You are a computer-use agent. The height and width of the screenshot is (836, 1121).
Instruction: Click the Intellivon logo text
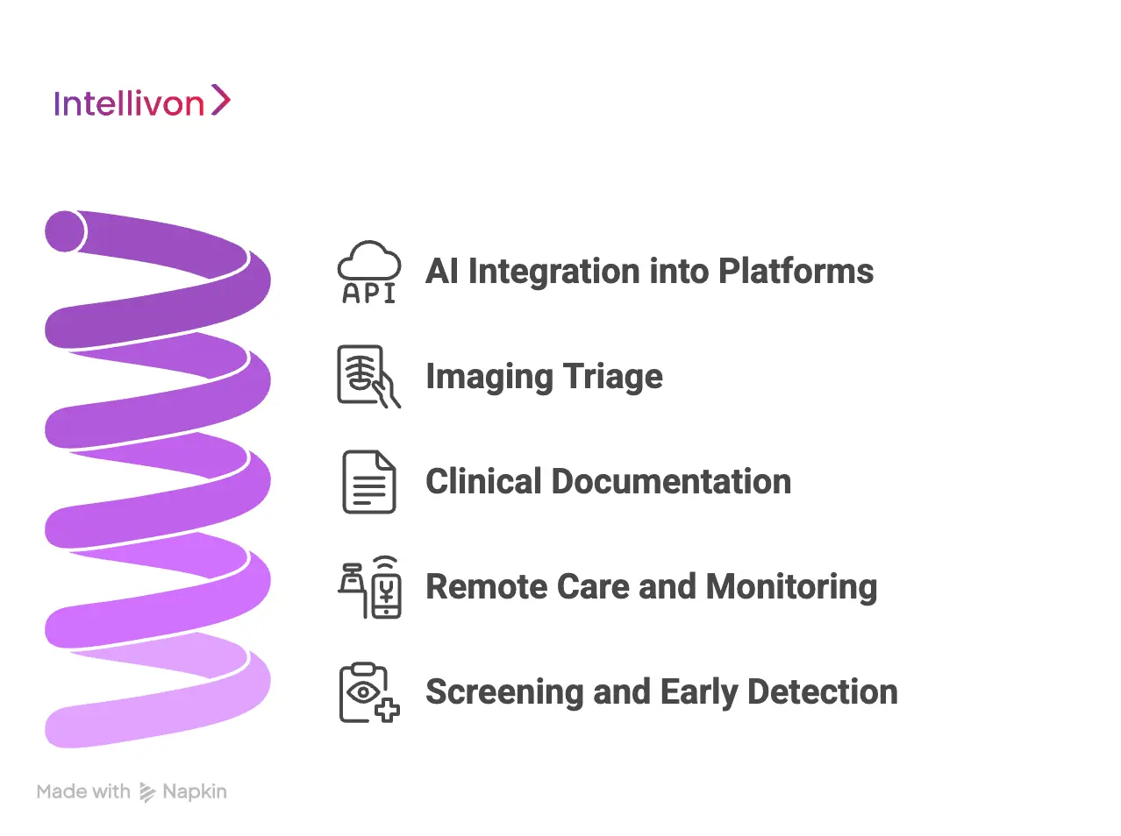[129, 103]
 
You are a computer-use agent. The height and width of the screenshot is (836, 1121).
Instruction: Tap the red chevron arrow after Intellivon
[221, 101]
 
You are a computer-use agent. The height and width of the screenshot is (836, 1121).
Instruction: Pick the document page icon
[368, 482]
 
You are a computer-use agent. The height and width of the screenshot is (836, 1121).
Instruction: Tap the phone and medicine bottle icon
[369, 587]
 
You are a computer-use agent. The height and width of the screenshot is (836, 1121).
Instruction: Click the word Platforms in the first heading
[796, 272]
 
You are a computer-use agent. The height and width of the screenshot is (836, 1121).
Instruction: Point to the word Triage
[612, 377]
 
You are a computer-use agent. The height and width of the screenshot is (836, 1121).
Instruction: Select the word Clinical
[483, 482]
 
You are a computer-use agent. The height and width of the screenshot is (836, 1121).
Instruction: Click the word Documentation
[671, 482]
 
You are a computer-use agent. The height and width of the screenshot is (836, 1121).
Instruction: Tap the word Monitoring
[791, 587]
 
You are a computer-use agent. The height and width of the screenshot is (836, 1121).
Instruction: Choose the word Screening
[504, 692]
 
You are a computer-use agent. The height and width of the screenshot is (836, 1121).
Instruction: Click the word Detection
[823, 692]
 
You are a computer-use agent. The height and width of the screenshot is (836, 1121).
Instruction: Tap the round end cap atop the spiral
[65, 231]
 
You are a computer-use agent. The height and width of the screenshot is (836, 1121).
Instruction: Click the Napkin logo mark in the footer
[147, 792]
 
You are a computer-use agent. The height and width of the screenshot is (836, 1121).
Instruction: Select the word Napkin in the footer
[195, 791]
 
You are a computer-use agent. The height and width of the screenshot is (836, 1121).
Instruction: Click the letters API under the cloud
[369, 294]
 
